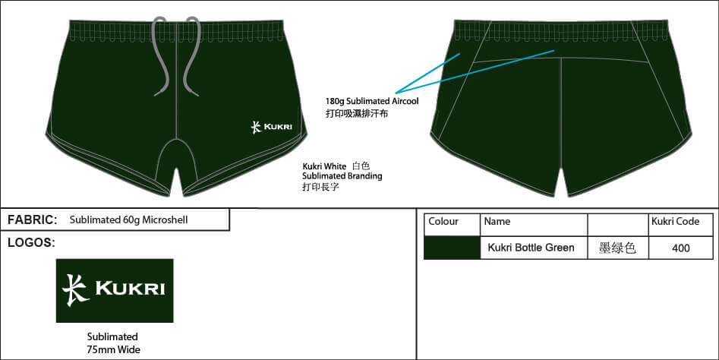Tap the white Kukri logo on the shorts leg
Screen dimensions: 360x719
point(271,126)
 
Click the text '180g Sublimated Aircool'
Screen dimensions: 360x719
point(372,101)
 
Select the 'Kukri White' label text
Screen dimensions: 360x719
point(324,166)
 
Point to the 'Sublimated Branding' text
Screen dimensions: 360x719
point(342,175)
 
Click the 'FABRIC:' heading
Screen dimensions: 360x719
point(32,220)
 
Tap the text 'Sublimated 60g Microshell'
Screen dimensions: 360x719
point(128,220)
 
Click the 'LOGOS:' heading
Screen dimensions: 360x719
point(30,243)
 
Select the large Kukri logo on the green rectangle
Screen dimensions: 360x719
point(115,290)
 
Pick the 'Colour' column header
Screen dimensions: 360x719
point(443,222)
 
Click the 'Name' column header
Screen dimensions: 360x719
point(497,222)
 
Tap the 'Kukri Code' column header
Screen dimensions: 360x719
point(675,222)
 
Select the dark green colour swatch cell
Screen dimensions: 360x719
point(452,248)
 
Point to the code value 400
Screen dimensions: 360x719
point(680,248)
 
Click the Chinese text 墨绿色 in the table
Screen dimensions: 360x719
point(617,248)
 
